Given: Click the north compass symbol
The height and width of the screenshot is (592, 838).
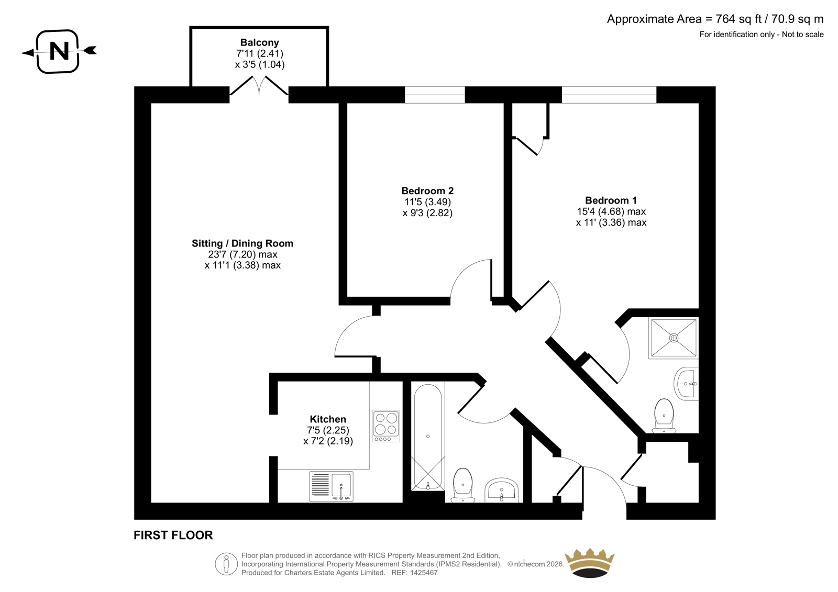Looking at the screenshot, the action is coord(59,51).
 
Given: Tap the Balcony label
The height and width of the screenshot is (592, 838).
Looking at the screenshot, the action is coord(260,42).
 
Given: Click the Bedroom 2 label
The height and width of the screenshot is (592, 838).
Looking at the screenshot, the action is coord(427,191).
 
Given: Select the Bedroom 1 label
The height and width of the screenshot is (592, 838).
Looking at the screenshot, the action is coord(611,200).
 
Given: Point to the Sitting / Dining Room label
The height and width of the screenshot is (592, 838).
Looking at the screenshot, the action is coord(242,243).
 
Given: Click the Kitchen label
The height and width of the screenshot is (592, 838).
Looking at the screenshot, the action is coord(328,419).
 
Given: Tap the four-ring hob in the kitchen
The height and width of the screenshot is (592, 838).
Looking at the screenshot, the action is coord(385,426).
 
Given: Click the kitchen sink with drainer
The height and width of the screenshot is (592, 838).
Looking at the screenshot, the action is coord(331,486).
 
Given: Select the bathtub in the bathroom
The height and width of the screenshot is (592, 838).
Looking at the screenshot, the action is coord(428,437).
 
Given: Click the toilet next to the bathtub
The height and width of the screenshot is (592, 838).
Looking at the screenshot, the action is coord(463,485).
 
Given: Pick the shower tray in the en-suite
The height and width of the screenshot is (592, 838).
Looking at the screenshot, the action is coord(674,338).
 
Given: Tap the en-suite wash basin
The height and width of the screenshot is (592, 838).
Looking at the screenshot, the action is coord(687,384).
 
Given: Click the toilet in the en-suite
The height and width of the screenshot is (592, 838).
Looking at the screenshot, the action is coord(664,415).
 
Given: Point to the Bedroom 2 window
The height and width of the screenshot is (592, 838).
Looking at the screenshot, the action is coord(435,95).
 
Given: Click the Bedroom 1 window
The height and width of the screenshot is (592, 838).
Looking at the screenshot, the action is coord(609,95).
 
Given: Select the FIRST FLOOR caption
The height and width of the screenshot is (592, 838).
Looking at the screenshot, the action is coord(173,535).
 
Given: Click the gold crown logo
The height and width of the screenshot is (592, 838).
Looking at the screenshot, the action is coord(590,563).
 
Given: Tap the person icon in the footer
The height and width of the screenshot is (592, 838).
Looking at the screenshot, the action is coord(226,564).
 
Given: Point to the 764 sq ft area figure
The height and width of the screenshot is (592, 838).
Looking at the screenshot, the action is coord(738,19).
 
